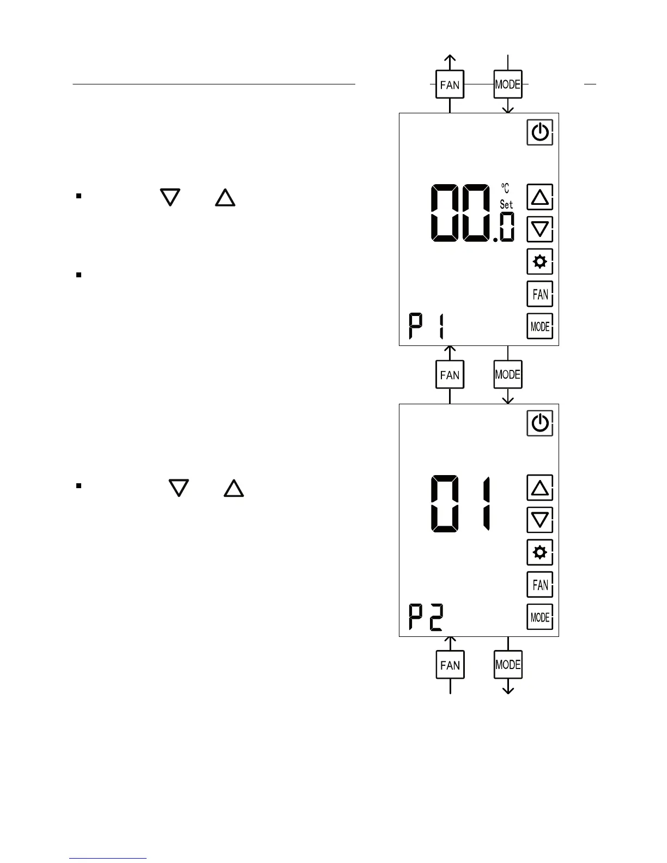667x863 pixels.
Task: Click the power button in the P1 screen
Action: (x=539, y=132)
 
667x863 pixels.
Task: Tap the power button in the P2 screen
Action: (x=539, y=423)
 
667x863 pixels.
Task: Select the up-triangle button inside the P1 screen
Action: (x=539, y=197)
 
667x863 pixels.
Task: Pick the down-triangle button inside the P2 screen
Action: (x=539, y=520)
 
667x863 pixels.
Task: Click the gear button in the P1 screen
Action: (x=539, y=262)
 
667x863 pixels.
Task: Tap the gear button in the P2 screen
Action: (x=539, y=552)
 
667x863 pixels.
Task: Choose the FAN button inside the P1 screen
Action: (x=539, y=294)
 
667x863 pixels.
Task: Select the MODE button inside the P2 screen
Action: (x=539, y=617)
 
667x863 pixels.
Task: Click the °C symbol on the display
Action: (x=506, y=189)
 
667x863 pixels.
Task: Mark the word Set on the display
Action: (x=506, y=205)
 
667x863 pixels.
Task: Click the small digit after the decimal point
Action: (x=507, y=228)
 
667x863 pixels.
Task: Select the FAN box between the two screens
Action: (x=450, y=375)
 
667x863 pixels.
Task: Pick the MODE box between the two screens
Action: (x=507, y=375)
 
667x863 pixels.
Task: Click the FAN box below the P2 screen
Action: (x=450, y=665)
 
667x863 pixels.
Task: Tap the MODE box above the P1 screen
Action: (x=507, y=84)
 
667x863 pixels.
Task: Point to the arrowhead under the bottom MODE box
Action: (x=508, y=690)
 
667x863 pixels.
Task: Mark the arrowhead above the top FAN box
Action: (x=450, y=58)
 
